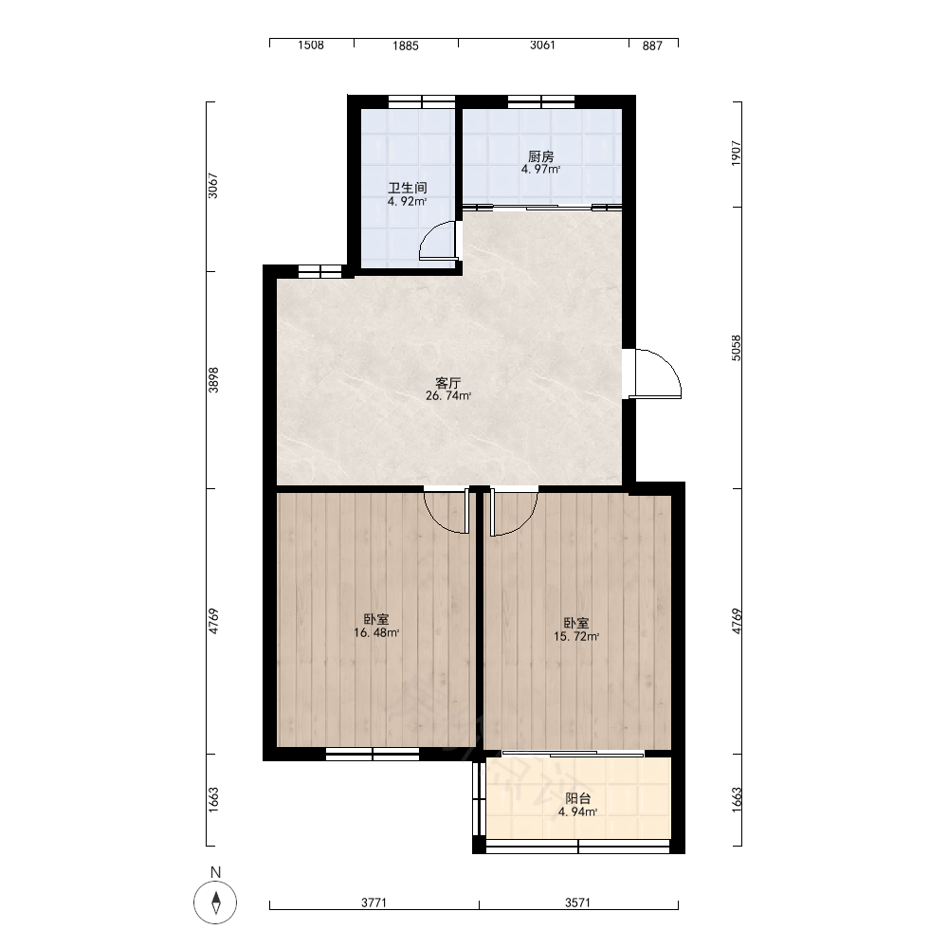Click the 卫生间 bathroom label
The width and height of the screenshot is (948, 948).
tap(408, 188)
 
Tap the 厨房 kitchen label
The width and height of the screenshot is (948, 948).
tap(540, 156)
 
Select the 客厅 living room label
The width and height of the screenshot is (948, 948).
tap(448, 383)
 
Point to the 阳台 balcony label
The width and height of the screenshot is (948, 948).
tap(578, 798)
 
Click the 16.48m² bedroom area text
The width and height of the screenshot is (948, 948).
tap(376, 633)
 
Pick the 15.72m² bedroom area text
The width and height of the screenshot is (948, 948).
tap(576, 636)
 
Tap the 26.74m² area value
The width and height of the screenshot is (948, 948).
tap(448, 396)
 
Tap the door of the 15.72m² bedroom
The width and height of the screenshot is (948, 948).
tap(514, 512)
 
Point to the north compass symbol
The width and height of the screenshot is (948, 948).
tap(215, 902)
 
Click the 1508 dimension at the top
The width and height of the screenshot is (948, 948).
tap(311, 46)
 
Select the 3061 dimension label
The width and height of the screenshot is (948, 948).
tap(542, 46)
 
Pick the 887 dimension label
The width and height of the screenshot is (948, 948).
tap(652, 46)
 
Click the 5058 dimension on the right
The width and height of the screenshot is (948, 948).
tap(736, 348)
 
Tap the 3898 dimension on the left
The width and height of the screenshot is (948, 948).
tap(213, 380)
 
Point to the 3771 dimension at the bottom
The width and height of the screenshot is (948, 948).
tap(374, 902)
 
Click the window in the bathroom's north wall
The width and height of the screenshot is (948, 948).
tap(422, 101)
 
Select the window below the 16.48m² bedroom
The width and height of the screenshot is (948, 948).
tap(373, 754)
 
